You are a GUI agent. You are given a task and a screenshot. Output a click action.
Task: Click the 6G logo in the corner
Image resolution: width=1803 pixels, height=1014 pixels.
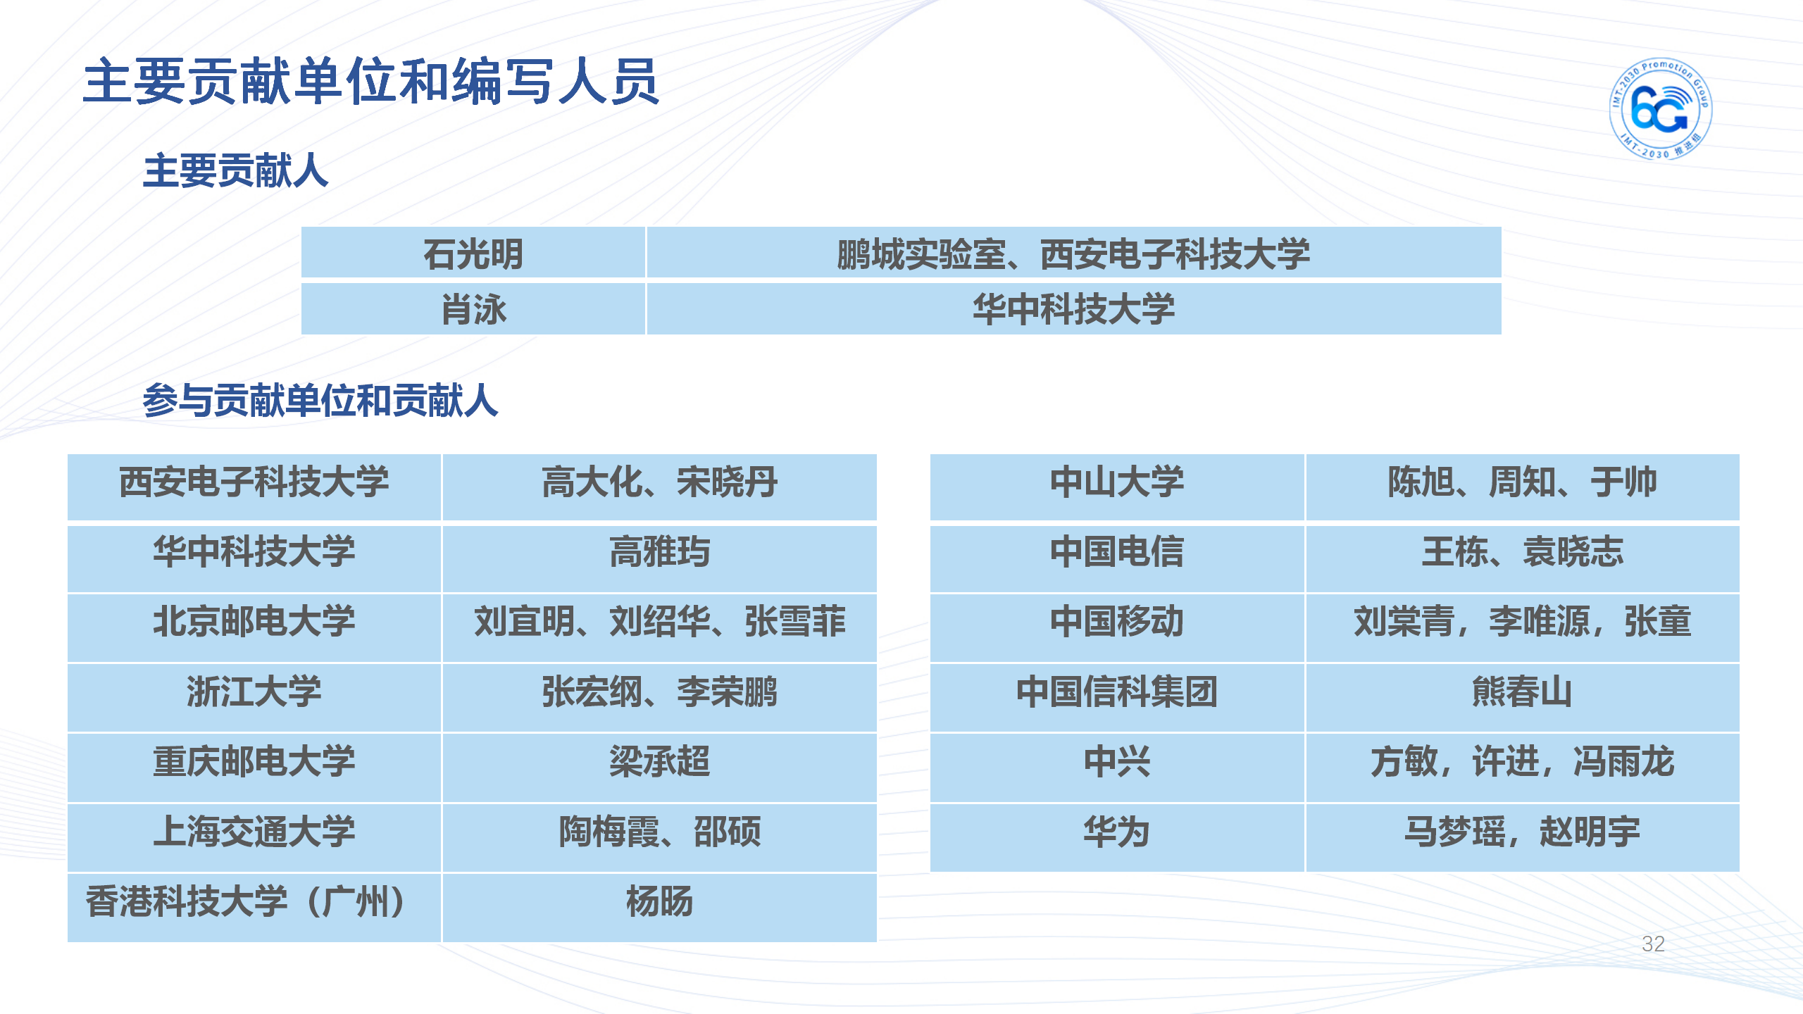click(1661, 108)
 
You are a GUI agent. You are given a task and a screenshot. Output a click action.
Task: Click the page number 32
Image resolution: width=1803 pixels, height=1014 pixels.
click(1653, 944)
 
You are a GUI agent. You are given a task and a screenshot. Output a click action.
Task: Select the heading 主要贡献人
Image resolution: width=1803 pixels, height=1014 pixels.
click(235, 171)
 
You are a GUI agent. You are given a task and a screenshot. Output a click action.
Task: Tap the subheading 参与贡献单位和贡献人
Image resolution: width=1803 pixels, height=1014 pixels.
click(320, 401)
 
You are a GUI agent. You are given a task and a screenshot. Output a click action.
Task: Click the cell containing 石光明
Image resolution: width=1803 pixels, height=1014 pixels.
click(473, 252)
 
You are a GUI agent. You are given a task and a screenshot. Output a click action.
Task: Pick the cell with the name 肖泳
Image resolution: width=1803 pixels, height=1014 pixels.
click(473, 309)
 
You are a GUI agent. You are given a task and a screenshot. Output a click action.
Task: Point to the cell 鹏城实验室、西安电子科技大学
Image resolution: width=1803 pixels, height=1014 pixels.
click(1074, 252)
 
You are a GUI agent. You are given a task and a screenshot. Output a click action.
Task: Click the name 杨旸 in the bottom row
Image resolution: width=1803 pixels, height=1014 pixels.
click(659, 901)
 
